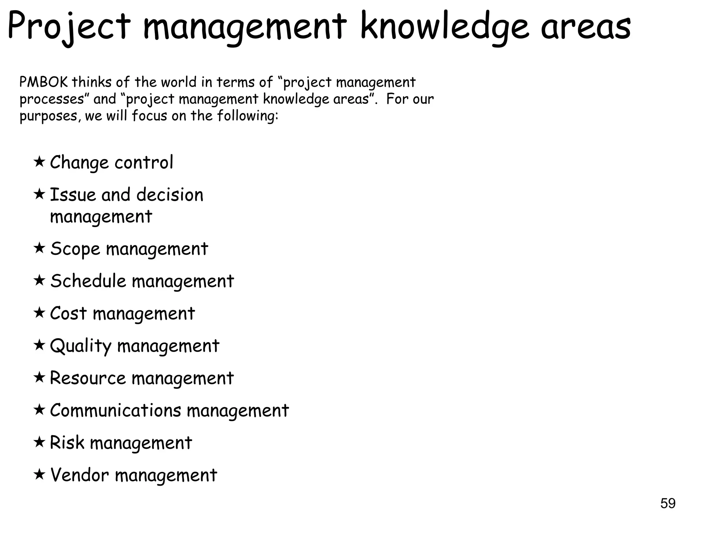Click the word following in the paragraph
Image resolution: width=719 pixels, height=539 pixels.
(x=248, y=115)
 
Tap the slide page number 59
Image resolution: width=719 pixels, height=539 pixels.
(x=667, y=503)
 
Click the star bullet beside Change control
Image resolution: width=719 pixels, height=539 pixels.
(x=39, y=162)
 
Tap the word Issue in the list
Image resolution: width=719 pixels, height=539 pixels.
(x=73, y=195)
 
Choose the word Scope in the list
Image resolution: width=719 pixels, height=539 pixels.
(x=75, y=249)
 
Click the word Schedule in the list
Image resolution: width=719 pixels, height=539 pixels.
(x=88, y=281)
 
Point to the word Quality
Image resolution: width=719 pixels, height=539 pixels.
(x=80, y=346)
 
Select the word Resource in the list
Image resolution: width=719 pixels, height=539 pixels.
(x=88, y=378)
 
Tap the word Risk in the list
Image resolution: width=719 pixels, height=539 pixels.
(x=67, y=442)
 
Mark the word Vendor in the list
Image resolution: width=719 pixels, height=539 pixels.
(x=79, y=475)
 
